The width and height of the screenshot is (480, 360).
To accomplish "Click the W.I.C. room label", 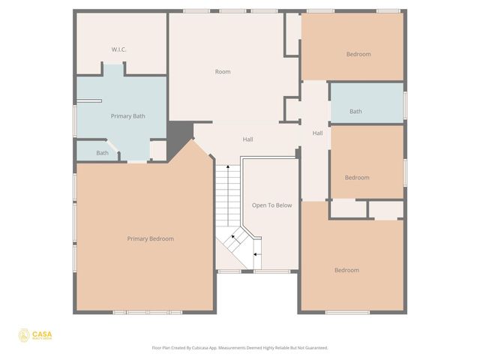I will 118,49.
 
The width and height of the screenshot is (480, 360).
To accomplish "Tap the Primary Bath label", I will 127,116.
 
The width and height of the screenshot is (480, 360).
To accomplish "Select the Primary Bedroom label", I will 150,238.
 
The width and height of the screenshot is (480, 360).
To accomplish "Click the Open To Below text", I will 271,205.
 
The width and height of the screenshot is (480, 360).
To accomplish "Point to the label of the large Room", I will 223,72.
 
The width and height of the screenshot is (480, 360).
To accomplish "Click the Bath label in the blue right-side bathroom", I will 355,112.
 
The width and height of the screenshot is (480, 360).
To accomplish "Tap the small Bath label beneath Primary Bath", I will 102,153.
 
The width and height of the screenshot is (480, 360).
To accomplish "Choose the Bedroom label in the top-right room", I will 358,54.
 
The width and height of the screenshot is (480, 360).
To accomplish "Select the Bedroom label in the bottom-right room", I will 346,270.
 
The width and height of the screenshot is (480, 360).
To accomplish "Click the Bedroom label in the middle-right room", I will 357,178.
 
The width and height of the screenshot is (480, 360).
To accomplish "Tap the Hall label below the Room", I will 247,139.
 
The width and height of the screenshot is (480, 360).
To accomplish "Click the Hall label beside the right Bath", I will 317,133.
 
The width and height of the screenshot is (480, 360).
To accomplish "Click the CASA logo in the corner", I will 35,335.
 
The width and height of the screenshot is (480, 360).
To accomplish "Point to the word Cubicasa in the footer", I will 198,348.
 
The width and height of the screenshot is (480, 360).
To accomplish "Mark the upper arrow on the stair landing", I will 232,238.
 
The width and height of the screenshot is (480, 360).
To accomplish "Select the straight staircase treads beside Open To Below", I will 227,195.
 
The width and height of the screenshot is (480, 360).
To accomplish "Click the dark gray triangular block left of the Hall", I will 178,139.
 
